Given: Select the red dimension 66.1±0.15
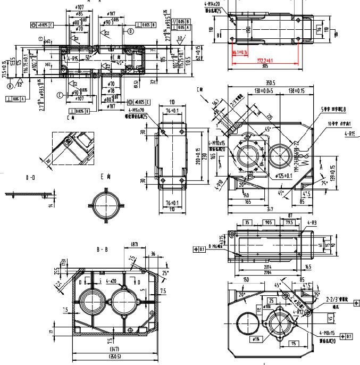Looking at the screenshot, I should (x=241, y=53).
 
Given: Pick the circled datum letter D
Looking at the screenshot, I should (x=131, y=31).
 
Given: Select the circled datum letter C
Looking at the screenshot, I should (x=60, y=95).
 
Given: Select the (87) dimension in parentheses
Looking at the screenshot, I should (x=135, y=245).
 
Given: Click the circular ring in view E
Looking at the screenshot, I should (x=107, y=204).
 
